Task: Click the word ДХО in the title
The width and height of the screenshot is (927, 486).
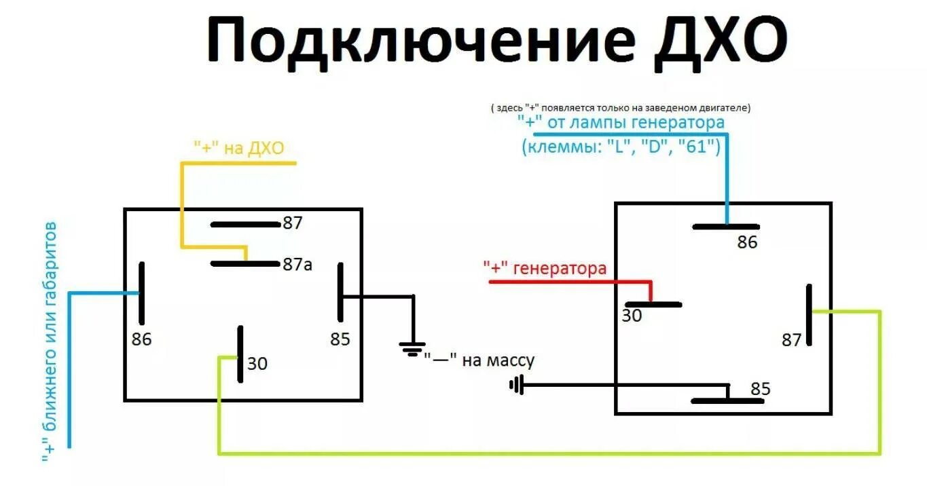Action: point(719,41)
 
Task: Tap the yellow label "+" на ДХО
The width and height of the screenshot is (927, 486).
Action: point(238,148)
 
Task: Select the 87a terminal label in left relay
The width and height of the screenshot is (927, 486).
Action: point(297,265)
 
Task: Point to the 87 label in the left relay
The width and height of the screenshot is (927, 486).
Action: point(292,223)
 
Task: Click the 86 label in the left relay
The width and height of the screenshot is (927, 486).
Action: point(141,339)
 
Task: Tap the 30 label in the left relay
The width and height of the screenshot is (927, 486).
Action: point(257,364)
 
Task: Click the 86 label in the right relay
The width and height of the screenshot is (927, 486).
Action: point(747,242)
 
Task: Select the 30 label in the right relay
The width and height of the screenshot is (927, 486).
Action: point(632,316)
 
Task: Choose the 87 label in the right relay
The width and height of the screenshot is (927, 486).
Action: point(791,340)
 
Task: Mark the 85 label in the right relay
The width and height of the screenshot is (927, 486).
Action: point(761,389)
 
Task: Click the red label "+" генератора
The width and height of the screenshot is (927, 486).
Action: point(545,269)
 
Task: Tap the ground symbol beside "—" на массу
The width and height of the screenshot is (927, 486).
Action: point(412,350)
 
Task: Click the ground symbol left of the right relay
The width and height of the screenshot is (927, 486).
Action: point(515,386)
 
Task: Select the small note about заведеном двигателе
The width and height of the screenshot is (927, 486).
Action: point(620,108)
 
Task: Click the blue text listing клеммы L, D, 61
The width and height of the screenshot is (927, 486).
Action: point(621,147)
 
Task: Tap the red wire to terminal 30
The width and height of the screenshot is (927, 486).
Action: point(570,281)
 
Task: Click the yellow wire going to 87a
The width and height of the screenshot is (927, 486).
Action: point(181,204)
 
